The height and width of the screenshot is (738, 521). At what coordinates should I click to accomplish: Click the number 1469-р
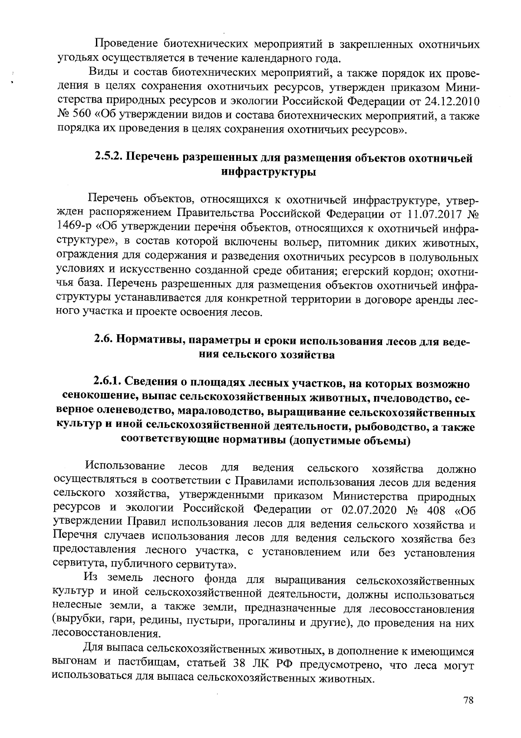[x=75, y=228]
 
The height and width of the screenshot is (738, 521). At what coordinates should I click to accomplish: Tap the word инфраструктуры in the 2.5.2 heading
[x=268, y=172]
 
